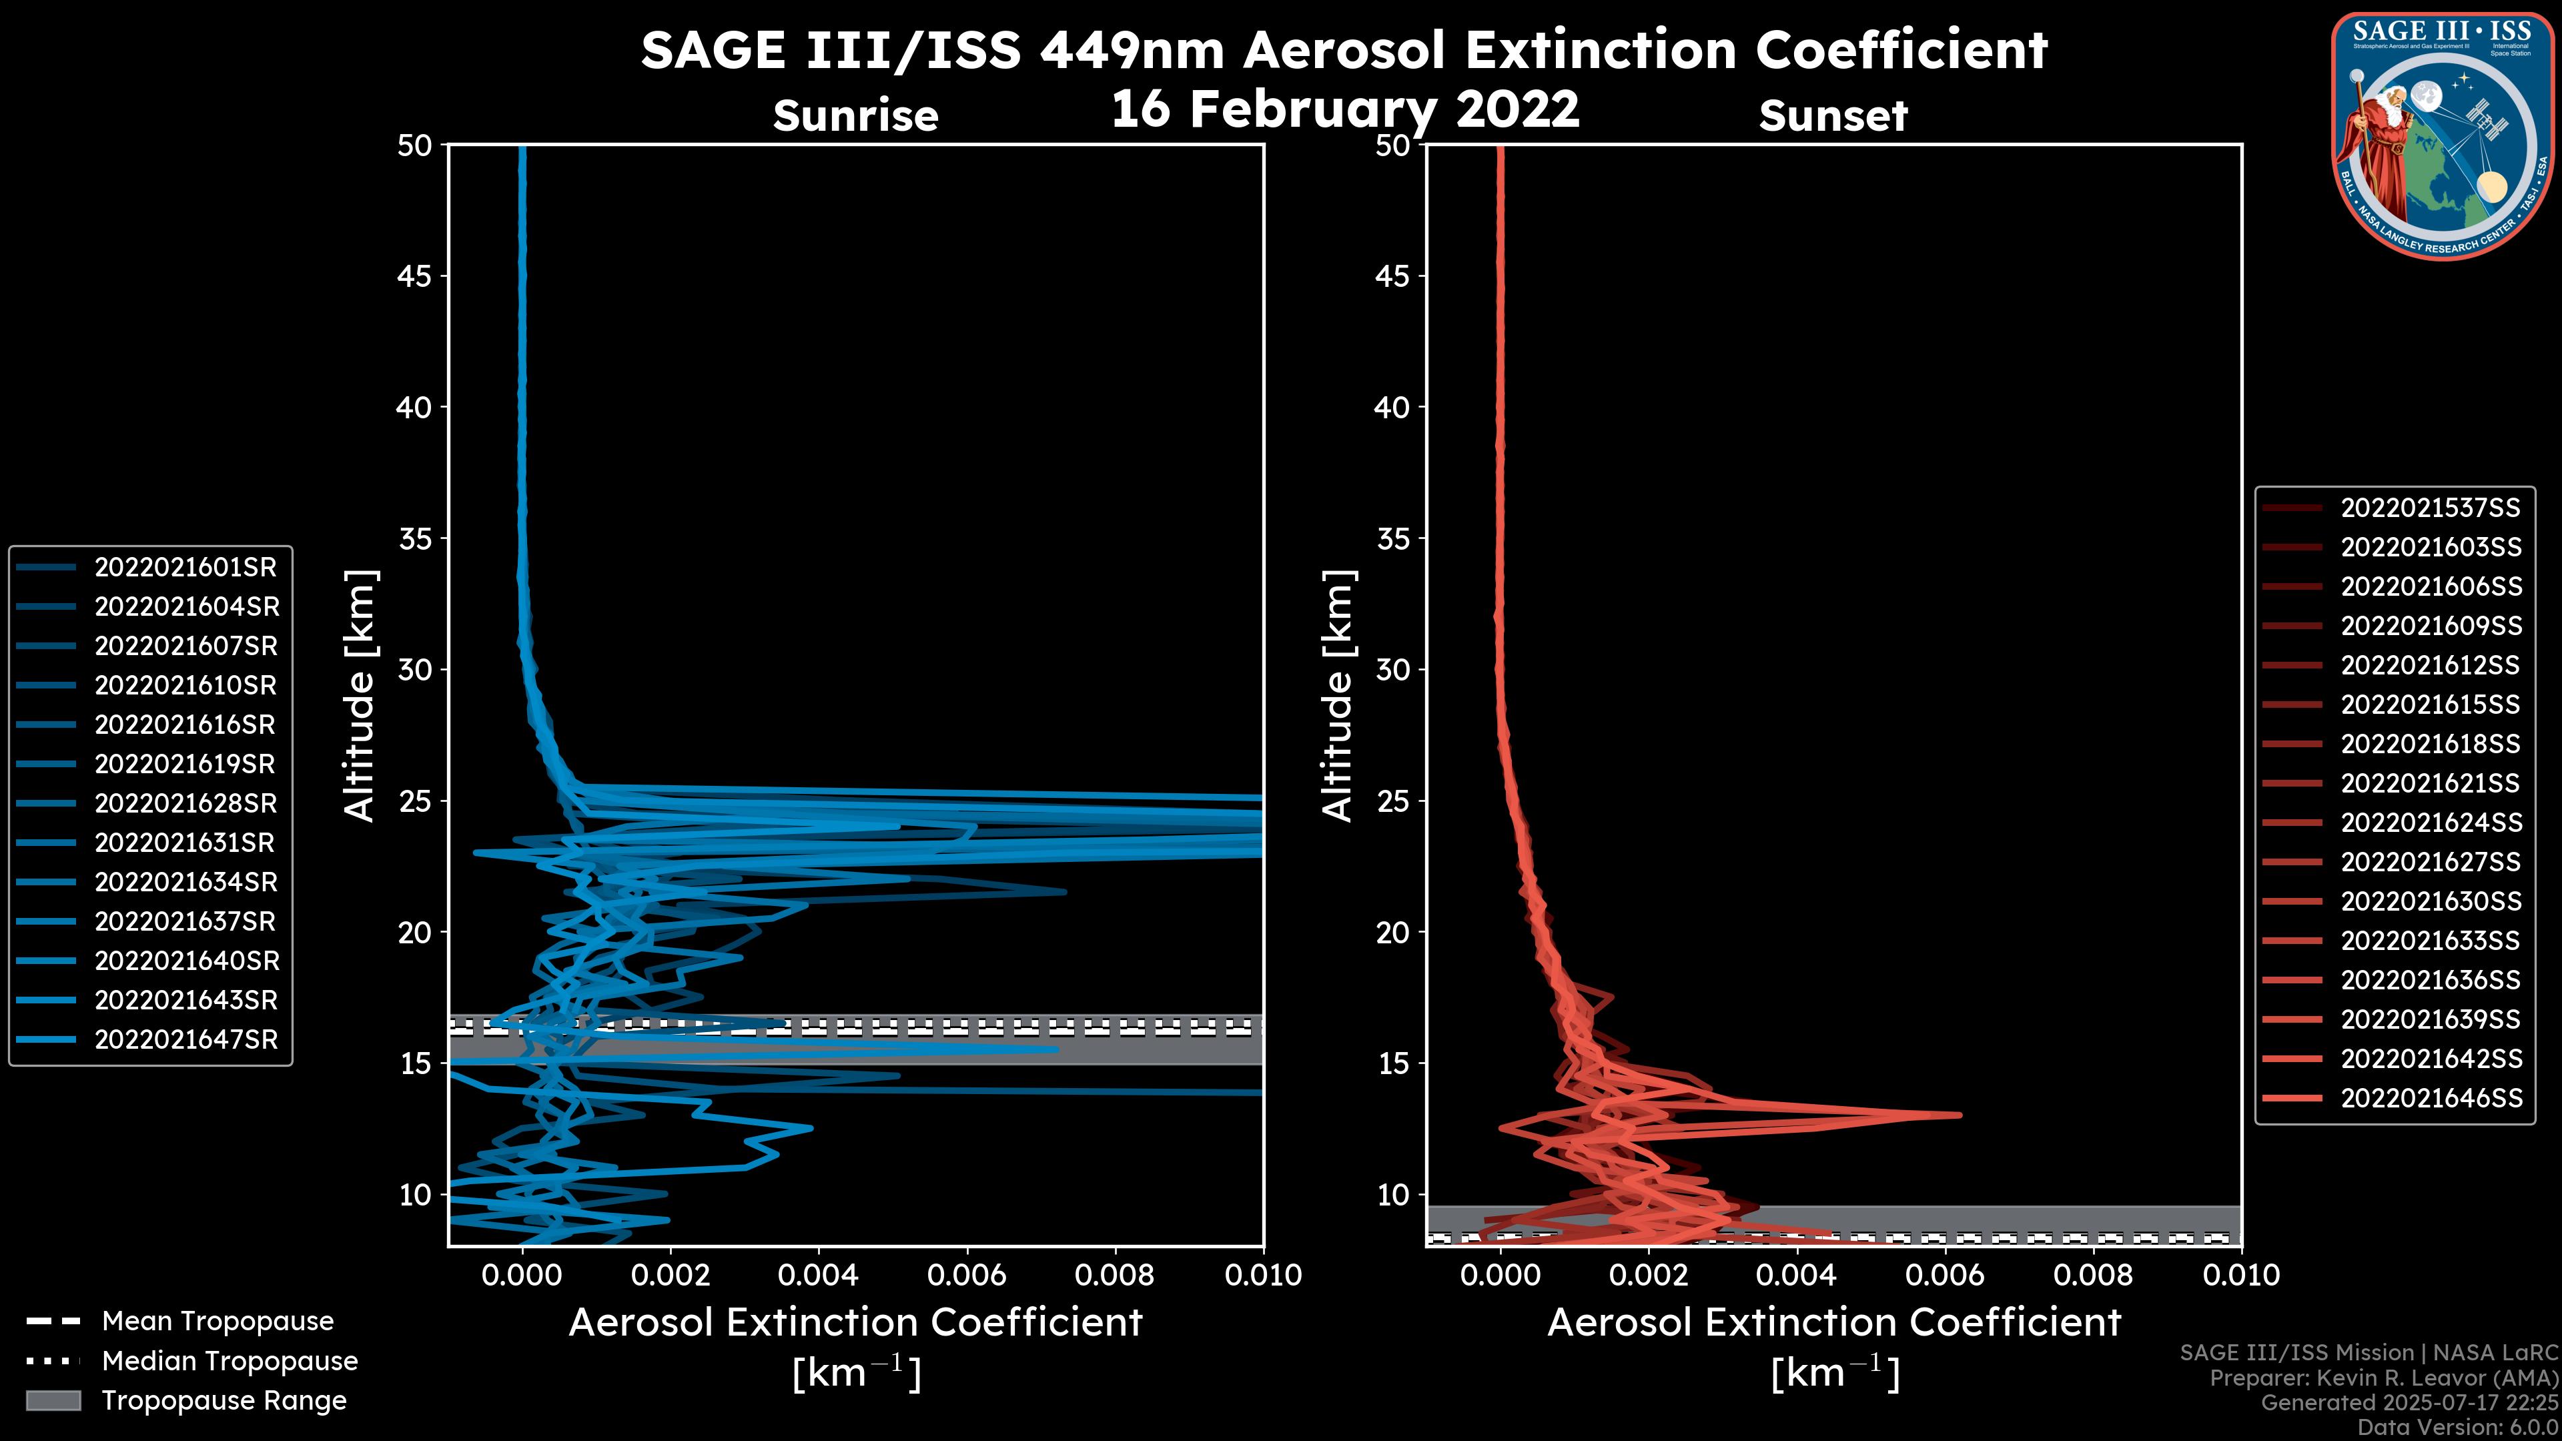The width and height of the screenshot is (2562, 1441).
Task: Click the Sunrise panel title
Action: click(x=855, y=115)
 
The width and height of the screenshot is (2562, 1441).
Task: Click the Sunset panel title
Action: click(x=1833, y=115)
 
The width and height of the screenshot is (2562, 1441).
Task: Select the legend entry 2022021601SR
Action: click(x=185, y=567)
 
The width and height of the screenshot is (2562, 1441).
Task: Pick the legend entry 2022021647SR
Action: click(x=185, y=1039)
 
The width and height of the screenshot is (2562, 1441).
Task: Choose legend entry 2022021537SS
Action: click(x=2430, y=508)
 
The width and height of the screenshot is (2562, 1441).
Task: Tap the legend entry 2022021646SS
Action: click(x=2431, y=1098)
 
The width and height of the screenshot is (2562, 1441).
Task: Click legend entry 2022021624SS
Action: click(x=2431, y=823)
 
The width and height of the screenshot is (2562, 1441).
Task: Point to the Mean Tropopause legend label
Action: click(x=218, y=1321)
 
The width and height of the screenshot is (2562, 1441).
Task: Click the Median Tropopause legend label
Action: click(x=230, y=1360)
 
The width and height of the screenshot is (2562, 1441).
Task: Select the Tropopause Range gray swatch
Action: click(x=53, y=1400)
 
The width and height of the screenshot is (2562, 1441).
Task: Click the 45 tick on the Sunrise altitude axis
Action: click(x=415, y=276)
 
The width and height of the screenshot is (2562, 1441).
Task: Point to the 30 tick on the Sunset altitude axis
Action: click(x=1392, y=669)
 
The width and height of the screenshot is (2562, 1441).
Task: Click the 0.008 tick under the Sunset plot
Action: click(x=2094, y=1275)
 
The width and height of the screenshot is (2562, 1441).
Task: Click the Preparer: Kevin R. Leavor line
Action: click(x=2383, y=1378)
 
